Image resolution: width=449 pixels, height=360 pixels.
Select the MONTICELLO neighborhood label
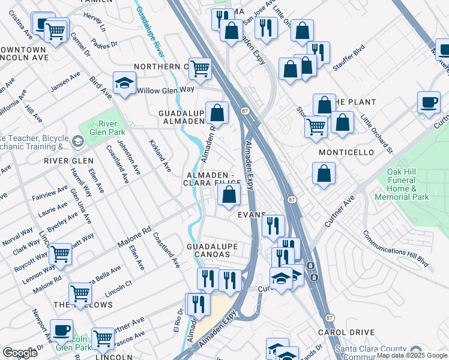click(x=346, y=152)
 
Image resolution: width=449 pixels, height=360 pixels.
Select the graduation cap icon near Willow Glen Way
click(x=124, y=84)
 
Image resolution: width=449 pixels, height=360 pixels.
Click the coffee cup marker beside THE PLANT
click(x=429, y=103)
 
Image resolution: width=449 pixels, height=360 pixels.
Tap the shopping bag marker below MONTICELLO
click(x=324, y=174)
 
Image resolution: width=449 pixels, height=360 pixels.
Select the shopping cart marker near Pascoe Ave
click(x=103, y=338)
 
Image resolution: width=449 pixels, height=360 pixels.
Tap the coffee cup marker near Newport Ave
click(x=61, y=330)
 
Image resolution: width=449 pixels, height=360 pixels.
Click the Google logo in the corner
click(x=20, y=353)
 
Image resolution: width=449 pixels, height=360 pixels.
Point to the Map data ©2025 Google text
click(x=412, y=355)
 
